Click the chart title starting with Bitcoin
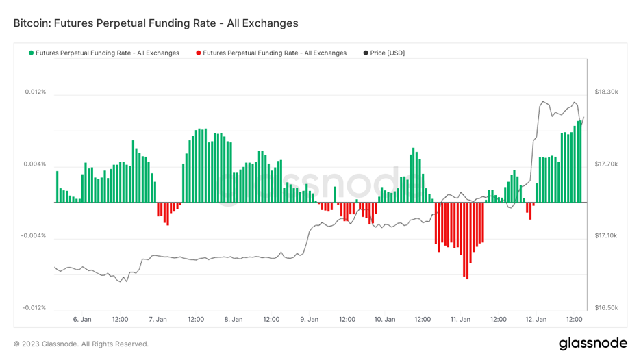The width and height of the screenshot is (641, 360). [155, 23]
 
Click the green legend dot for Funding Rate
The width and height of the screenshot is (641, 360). [31, 53]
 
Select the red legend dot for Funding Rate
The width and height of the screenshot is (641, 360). [199, 53]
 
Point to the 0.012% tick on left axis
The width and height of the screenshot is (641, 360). [34, 92]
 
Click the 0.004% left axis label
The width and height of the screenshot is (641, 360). [34, 164]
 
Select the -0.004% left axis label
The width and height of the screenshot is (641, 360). [33, 236]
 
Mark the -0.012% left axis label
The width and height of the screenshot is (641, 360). [33, 308]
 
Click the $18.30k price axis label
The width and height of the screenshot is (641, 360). [606, 92]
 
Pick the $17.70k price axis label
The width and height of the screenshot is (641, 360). [606, 164]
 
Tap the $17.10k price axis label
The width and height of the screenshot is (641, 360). [606, 236]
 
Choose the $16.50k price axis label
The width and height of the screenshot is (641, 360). [606, 308]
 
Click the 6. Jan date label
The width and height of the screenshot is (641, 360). [82, 320]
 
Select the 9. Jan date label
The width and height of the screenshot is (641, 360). [309, 320]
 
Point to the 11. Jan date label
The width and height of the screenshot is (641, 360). [460, 320]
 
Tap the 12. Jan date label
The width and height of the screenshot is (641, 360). [536, 320]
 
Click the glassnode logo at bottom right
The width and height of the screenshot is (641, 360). [592, 343]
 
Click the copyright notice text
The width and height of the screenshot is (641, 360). [81, 344]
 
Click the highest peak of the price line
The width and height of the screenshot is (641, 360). [542, 102]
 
